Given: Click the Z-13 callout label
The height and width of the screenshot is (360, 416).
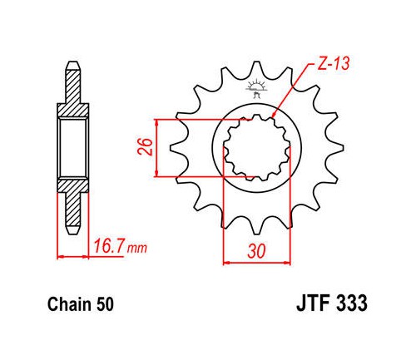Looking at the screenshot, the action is tap(333, 64).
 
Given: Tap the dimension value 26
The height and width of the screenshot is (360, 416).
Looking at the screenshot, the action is tap(146, 146).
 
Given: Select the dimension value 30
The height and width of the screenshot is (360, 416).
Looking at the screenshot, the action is tap(256, 251).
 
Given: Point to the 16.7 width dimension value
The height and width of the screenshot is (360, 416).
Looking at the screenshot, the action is tap(109, 246).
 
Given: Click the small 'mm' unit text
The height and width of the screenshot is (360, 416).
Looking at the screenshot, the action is tap(136, 248).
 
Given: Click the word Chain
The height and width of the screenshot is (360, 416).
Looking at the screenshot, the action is tap(69, 304).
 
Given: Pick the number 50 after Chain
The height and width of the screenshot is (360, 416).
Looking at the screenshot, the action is tap(105, 304).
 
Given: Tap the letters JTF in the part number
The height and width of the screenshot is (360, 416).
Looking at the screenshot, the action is tap(313, 303).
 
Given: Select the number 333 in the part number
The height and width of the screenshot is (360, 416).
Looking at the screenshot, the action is tap(351, 303).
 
